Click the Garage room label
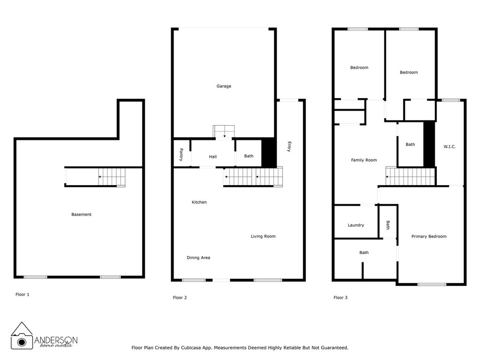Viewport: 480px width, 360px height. pyautogui.click(x=224, y=86)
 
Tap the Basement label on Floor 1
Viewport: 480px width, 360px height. pyautogui.click(x=81, y=215)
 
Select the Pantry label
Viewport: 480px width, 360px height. pyautogui.click(x=181, y=155)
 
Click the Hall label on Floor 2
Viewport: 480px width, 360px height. pyautogui.click(x=213, y=157)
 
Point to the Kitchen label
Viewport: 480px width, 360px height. pyautogui.click(x=199, y=202)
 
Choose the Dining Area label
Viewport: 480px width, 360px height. pyautogui.click(x=198, y=258)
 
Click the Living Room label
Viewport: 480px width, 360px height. pyautogui.click(x=263, y=236)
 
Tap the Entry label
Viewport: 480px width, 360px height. pyautogui.click(x=289, y=147)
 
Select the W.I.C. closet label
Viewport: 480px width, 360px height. pyautogui.click(x=450, y=147)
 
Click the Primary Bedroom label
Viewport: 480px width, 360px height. pyautogui.click(x=428, y=237)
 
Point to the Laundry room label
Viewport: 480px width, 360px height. pyautogui.click(x=356, y=225)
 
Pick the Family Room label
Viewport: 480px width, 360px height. pyautogui.click(x=364, y=160)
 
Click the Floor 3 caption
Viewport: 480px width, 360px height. pyautogui.click(x=340, y=298)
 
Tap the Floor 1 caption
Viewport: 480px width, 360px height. pyautogui.click(x=22, y=295)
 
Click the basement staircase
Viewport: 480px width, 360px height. pyautogui.click(x=112, y=177)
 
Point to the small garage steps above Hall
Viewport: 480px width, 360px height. pyautogui.click(x=224, y=132)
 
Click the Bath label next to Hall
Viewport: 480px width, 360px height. pyautogui.click(x=248, y=156)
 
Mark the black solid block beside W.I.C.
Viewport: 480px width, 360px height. pyautogui.click(x=429, y=144)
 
